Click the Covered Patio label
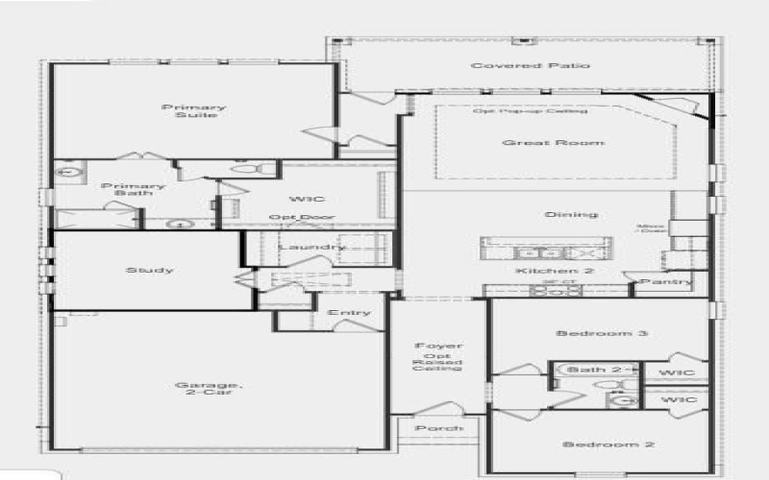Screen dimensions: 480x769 coord(530,65)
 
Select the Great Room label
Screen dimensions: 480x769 coord(554,142)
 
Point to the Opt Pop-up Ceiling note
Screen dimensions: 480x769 coord(530,111)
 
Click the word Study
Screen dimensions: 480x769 coord(150,270)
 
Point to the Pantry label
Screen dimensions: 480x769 coord(665,281)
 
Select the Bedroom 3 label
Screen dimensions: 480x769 coord(589,333)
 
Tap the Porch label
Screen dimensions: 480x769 coord(439,428)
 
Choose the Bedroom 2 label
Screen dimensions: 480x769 coord(595,444)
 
